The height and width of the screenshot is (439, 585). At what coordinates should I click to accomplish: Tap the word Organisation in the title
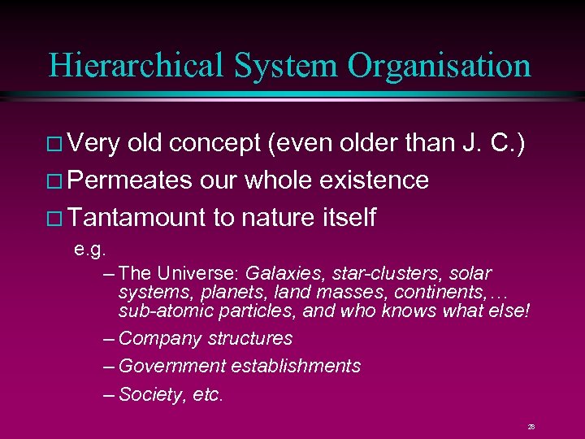439,65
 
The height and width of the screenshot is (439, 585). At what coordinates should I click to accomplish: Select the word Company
154,338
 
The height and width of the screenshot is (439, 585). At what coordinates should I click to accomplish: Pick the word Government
171,367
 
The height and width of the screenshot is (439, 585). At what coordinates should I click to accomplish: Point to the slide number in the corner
531,425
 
